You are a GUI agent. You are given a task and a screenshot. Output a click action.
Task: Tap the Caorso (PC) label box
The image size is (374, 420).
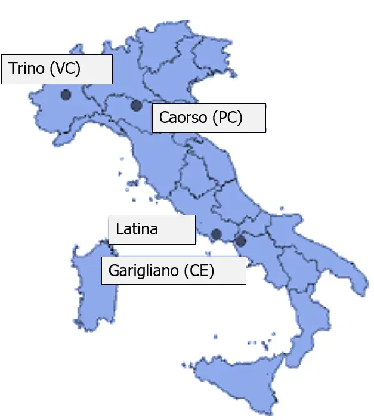click(x=208, y=118)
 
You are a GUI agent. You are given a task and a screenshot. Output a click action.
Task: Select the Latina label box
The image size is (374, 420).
click(x=152, y=230)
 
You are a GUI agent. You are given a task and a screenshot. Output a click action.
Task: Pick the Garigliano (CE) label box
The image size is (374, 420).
click(x=173, y=271)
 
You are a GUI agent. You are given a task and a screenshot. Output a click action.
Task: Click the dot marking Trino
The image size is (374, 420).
click(x=66, y=94)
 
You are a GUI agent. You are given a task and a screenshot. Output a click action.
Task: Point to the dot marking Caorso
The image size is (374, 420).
click(x=136, y=106)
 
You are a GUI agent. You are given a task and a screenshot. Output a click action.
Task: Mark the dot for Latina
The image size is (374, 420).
click(x=217, y=234)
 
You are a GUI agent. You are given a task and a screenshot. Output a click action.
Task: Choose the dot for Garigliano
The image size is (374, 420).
click(x=240, y=241)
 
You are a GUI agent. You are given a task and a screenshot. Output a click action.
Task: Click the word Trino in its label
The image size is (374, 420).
click(x=26, y=69)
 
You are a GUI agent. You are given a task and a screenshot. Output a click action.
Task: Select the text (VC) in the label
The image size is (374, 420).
click(x=65, y=69)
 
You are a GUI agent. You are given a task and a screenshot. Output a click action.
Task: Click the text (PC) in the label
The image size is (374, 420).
click(x=227, y=118)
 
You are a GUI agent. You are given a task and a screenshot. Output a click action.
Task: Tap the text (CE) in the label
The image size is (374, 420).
click(x=199, y=271)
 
